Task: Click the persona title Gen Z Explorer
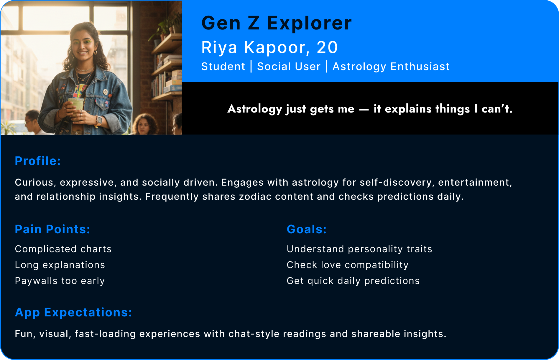point(276,23)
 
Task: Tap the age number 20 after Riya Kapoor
point(327,47)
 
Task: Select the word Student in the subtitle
point(223,67)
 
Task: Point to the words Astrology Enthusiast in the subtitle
point(391,67)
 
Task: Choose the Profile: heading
point(38,161)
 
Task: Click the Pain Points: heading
point(52,229)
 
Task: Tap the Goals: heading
point(307,229)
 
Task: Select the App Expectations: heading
point(73,312)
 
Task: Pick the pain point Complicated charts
point(63,249)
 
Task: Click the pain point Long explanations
point(60,265)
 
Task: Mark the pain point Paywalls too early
point(60,281)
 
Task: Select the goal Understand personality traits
point(359,249)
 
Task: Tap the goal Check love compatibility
point(348,265)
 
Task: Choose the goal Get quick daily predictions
point(353,281)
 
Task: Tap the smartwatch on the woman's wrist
point(99,120)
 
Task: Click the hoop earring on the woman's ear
point(96,52)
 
